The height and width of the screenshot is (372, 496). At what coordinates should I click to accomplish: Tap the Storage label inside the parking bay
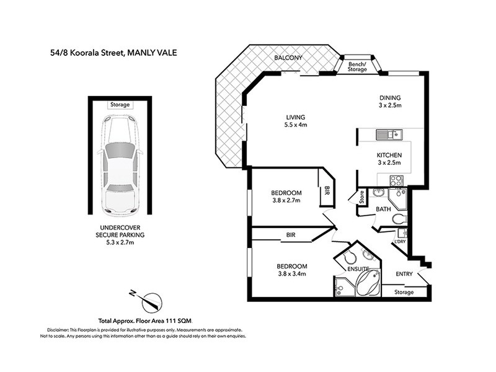pos(120,105)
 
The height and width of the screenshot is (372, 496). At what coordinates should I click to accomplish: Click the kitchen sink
pos(391,133)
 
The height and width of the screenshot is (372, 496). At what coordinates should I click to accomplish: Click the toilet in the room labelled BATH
pos(399,218)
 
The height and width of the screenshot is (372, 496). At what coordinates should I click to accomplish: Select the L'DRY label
pos(400,241)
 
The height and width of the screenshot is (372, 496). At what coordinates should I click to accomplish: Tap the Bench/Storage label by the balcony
pos(358,66)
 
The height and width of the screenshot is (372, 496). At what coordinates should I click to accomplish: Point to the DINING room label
pos(391,97)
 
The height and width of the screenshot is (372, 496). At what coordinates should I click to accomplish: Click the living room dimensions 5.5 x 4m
pos(296,125)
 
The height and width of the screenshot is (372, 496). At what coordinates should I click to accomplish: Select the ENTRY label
pos(404,273)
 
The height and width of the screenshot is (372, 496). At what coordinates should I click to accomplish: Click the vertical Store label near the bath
pos(360,198)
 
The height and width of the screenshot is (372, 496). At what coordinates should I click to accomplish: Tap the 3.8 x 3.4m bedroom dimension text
pos(291,273)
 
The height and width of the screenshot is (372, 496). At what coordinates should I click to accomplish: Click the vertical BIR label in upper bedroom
pos(326,193)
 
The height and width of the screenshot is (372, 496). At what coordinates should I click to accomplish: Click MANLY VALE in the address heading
pos(152,53)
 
